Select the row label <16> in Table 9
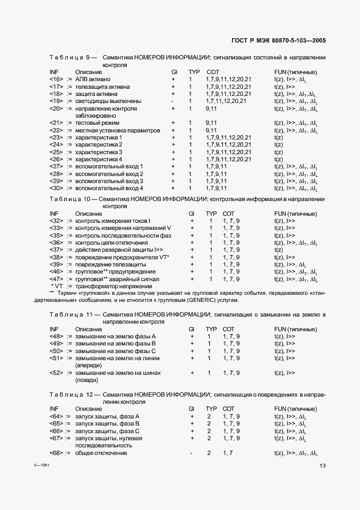[56, 80]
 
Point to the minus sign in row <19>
[173, 101]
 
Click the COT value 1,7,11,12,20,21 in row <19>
[226, 101]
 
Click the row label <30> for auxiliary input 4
[56, 188]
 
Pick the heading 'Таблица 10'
[72, 199]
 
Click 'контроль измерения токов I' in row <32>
[113, 221]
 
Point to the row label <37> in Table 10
[56, 250]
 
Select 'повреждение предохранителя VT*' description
[123, 257]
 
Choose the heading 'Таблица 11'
[72, 315]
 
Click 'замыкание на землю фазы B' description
[115, 344]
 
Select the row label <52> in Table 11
[56, 373]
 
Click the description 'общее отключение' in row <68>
[101, 453]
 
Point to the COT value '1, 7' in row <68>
[228, 453]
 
